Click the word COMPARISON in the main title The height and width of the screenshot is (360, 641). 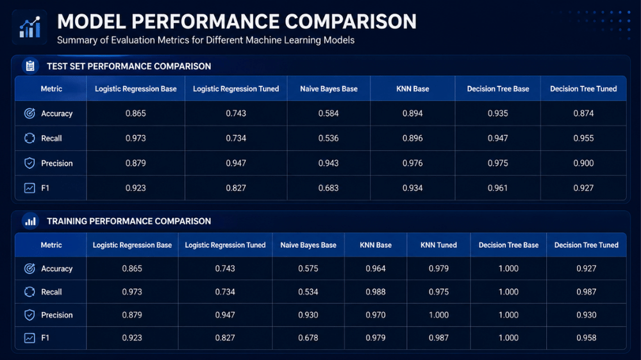(351, 22)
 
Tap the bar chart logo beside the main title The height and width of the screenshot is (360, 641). (29, 28)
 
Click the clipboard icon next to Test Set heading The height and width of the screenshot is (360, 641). (30, 66)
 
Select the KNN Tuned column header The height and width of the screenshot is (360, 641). (438, 245)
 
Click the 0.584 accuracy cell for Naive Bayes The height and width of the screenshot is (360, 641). (329, 113)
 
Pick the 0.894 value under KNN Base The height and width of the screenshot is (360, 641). (412, 113)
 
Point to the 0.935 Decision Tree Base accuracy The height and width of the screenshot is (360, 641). (498, 113)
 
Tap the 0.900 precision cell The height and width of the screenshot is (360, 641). (583, 163)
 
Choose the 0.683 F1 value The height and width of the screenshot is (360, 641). (329, 188)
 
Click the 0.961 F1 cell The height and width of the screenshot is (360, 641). (498, 188)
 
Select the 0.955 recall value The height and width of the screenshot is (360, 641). (583, 138)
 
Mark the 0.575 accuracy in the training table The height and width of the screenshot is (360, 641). (308, 268)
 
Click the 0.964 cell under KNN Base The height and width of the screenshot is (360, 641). (376, 268)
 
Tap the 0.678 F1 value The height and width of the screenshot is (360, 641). (308, 338)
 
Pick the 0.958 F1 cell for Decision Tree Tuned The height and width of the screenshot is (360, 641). (587, 338)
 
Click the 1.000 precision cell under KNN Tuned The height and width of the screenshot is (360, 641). (438, 315)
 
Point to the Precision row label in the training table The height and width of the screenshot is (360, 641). (57, 315)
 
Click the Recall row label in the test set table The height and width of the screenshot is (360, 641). (51, 138)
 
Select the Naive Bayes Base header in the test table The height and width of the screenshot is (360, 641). (329, 88)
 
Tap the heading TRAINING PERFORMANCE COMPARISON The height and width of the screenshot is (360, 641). (129, 221)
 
